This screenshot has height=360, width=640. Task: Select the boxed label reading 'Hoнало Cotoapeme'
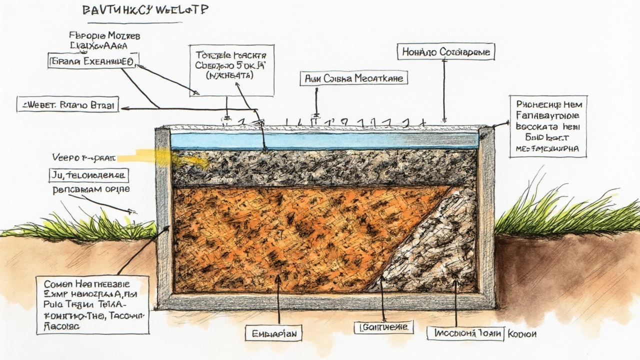click(446, 51)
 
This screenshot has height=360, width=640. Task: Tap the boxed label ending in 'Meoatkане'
click(354, 78)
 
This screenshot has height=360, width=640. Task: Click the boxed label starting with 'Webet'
click(67, 104)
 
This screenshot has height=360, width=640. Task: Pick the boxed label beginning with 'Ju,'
click(88, 175)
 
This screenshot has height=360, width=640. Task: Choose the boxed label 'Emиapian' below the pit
click(273, 332)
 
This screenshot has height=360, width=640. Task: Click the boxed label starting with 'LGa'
click(383, 327)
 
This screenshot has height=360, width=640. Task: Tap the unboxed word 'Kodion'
click(521, 333)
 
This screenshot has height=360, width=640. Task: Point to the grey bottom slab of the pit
click(325, 301)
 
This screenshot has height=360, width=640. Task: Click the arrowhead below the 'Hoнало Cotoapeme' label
click(444, 120)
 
